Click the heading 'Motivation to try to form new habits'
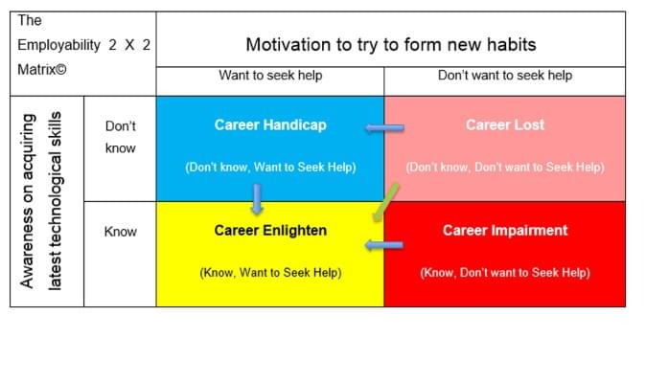pos(391,45)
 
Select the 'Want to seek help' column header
pos(270,76)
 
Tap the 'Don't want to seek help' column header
pos(505,76)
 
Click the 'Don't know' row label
pos(121,137)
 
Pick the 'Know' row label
pos(121,232)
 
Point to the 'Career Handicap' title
pos(270,124)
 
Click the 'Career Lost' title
pos(505,124)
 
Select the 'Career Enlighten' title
pos(270,231)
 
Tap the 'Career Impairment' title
pos(505,231)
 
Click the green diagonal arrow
pos(385,203)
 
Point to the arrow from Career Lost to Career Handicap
pos(385,127)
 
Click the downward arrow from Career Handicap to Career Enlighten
pos(257,199)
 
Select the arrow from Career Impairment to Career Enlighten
pos(384,245)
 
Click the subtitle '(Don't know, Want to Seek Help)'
pos(270,167)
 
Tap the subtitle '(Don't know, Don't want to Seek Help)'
pos(505,167)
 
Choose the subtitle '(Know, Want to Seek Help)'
pos(270,273)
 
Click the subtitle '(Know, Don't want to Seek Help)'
pos(505,273)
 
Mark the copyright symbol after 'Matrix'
pos(61,70)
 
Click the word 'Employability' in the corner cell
pos(58,45)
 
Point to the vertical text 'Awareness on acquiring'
pos(27,201)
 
